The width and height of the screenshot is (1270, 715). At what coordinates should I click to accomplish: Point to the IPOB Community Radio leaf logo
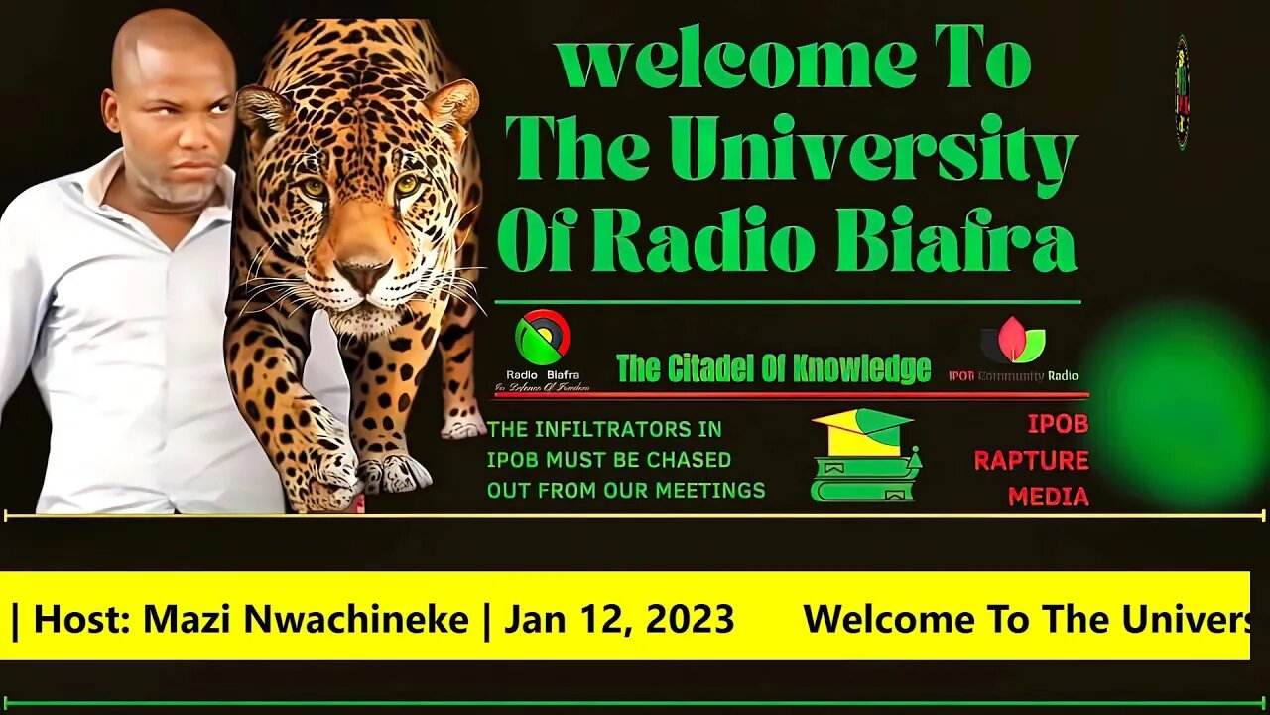(x=1013, y=341)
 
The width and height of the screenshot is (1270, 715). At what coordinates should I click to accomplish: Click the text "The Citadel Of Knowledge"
(x=773, y=369)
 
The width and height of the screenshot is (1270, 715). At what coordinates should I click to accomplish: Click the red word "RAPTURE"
(x=1031, y=461)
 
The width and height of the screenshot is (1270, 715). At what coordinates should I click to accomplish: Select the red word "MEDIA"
(x=1048, y=497)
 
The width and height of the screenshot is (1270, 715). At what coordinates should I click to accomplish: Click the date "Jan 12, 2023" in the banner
(x=619, y=620)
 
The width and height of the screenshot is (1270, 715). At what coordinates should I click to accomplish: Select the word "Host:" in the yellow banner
(x=82, y=620)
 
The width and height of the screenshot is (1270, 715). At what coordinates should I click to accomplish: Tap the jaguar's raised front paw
(x=327, y=467)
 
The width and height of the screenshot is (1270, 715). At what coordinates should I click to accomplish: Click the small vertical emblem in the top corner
(x=1181, y=92)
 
